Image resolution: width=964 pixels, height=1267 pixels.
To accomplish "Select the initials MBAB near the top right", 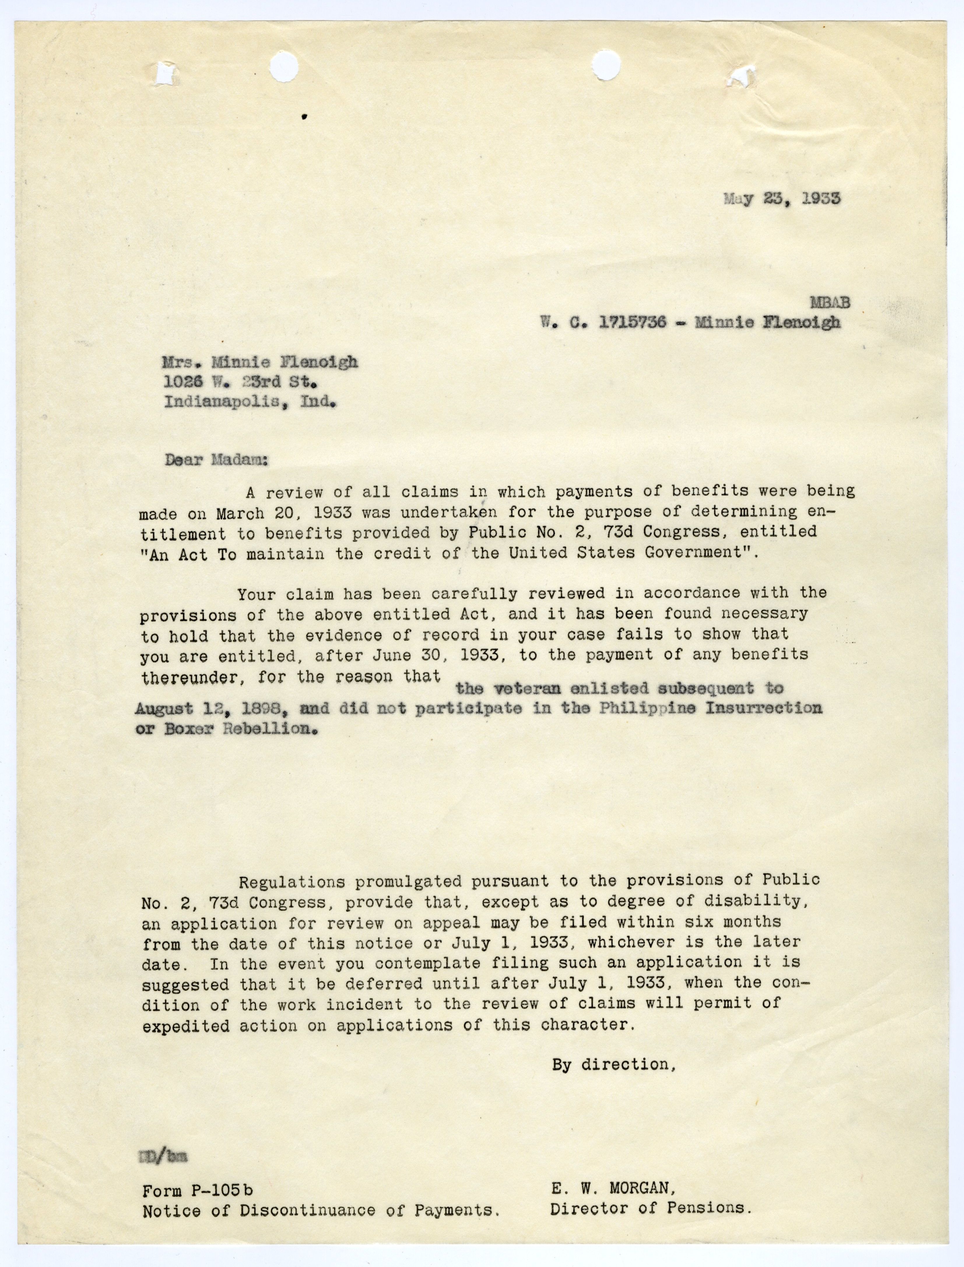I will point(830,303).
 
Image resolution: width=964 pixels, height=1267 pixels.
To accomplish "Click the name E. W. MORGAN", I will point(614,1188).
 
